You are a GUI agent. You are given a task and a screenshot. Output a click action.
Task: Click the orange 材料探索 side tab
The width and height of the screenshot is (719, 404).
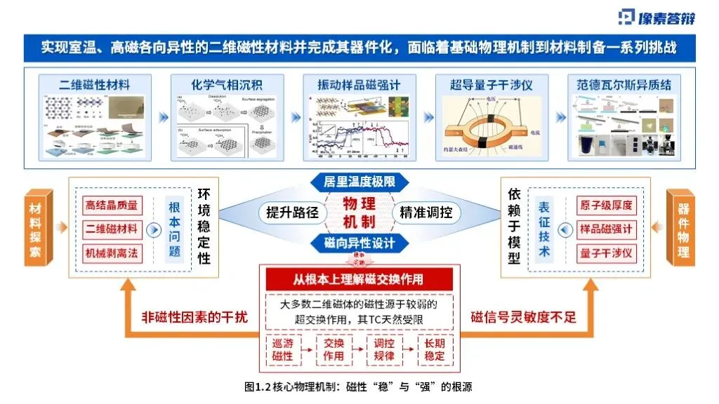click(x=35, y=228)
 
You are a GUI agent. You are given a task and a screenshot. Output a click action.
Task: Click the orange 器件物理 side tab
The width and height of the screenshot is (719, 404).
click(x=683, y=228)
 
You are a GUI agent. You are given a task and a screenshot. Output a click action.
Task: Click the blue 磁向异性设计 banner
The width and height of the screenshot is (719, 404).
click(x=359, y=243)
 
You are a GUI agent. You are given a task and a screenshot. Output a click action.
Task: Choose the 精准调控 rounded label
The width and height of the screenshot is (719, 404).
click(x=426, y=213)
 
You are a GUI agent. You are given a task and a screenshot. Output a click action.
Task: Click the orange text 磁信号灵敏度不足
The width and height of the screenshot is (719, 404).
click(x=523, y=317)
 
